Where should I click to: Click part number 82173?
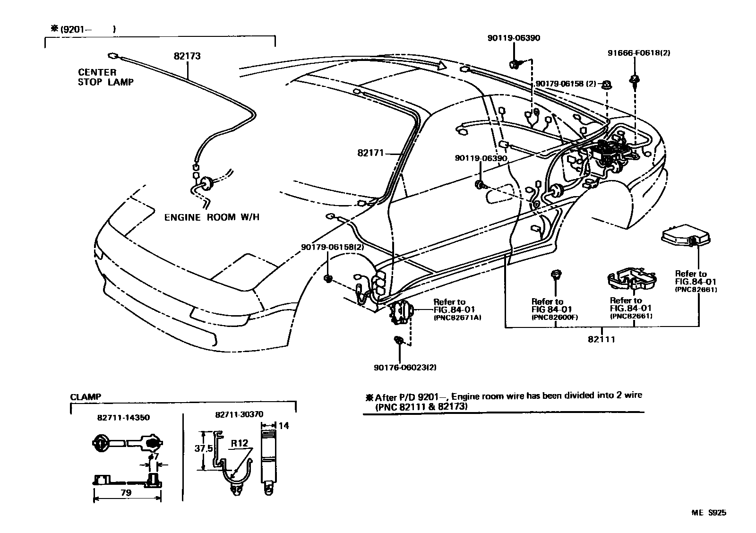point(187,56)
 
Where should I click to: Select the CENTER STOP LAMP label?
point(105,77)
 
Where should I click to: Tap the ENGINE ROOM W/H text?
point(212,217)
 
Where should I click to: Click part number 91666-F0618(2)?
point(638,53)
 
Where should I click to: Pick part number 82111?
point(601,339)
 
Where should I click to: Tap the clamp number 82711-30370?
point(239,414)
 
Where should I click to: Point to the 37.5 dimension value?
point(203,448)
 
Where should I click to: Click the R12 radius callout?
point(240,444)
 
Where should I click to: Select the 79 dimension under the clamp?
point(126,492)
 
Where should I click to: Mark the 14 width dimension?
point(283,426)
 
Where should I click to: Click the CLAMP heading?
point(85,397)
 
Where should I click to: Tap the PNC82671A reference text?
point(457,318)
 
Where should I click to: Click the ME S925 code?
point(710,512)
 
